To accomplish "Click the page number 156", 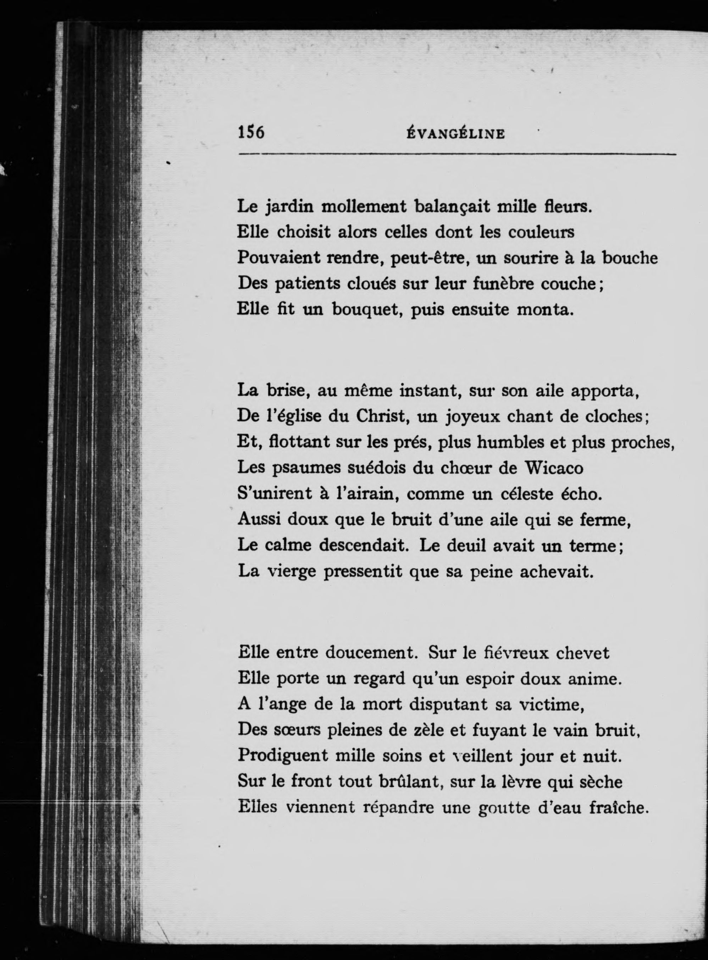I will pyautogui.click(x=251, y=132).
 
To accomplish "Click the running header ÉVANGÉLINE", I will pyautogui.click(x=455, y=134).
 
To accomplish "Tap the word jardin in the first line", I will pyautogui.click(x=288, y=208).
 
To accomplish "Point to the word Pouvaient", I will pyautogui.click(x=278, y=258).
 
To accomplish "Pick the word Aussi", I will pyautogui.click(x=259, y=519).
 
